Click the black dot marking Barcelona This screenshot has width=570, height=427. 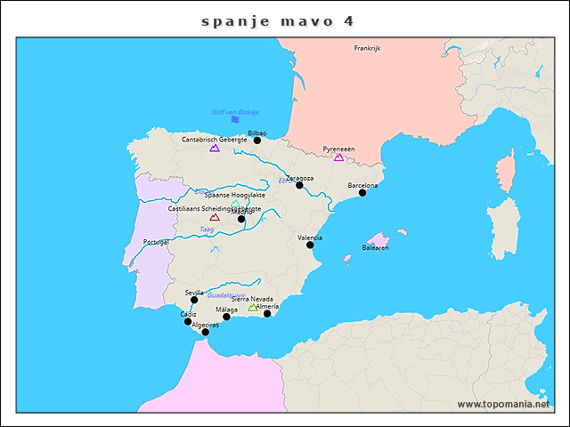point(362,192)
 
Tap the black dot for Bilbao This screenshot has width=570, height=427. point(257,140)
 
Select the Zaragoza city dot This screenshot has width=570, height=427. point(299,185)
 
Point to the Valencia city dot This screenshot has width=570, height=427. point(310,245)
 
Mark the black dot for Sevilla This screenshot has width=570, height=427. point(194,300)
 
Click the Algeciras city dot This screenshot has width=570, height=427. point(205,332)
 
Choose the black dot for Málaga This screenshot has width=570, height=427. point(226,317)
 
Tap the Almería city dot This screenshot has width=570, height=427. point(267,313)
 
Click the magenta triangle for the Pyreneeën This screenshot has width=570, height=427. point(338,157)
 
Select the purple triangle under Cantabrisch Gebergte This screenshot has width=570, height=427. point(215,149)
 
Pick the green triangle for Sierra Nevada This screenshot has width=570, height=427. point(253,308)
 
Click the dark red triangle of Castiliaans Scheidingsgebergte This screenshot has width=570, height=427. point(215,217)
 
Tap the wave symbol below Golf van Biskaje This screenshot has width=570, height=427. point(235,119)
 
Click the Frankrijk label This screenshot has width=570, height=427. point(367,49)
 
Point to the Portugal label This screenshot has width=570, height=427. point(156,242)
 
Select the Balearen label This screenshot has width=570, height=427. point(375,247)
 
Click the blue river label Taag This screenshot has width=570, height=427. point(207,230)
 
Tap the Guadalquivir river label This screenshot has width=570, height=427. point(226,294)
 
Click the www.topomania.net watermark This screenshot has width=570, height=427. point(503,404)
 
